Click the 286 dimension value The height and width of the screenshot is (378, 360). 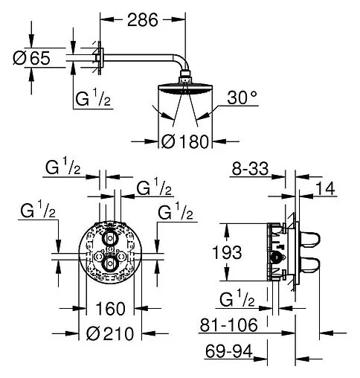pos(143,20)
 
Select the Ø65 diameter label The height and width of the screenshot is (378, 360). pos(31,58)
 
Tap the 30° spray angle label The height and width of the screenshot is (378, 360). pos(242,97)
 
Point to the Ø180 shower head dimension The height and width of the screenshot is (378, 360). pos(185,141)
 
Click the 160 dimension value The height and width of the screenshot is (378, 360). pos(110,309)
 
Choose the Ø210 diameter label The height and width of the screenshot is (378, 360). pos(110,333)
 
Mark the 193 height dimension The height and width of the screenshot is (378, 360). pos(228,252)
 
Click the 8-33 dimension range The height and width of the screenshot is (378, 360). pos(250,169)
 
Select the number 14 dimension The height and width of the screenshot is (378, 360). pos(326,188)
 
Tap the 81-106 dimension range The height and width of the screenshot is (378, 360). pos(229,325)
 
